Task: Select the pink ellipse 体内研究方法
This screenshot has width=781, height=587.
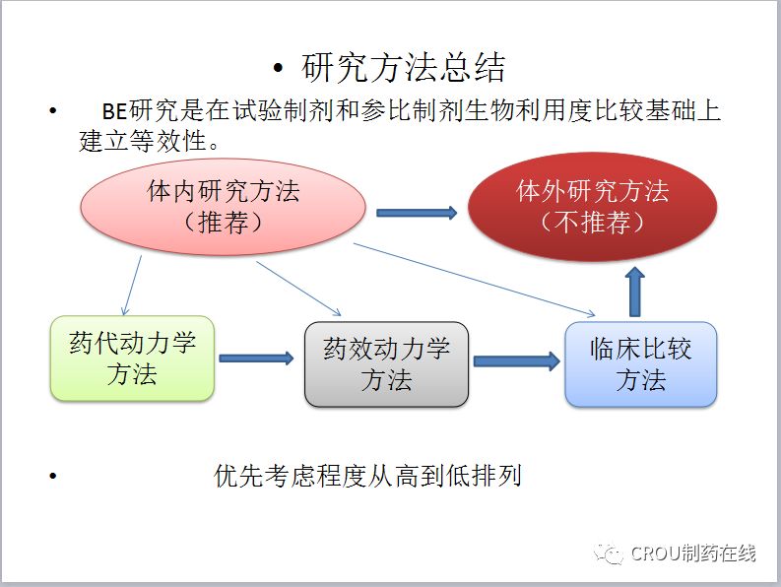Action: pos(223,207)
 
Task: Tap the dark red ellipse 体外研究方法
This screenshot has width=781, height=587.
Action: pos(592,207)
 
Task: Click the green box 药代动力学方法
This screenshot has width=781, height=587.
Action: pos(132,359)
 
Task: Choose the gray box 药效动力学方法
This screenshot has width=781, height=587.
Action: pos(386,363)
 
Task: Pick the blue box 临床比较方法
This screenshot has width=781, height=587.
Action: pos(640,363)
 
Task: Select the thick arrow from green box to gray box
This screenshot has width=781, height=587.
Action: pos(256,359)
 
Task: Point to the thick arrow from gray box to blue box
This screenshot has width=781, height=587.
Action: pos(516,361)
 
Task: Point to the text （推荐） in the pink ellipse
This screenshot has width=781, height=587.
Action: pos(223,223)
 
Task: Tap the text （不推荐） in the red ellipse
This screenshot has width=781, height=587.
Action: pos(592,223)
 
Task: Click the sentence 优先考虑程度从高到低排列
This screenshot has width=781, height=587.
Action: pos(367,477)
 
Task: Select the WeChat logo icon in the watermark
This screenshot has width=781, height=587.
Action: pos(611,554)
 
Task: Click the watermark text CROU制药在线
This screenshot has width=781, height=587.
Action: pos(693,554)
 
